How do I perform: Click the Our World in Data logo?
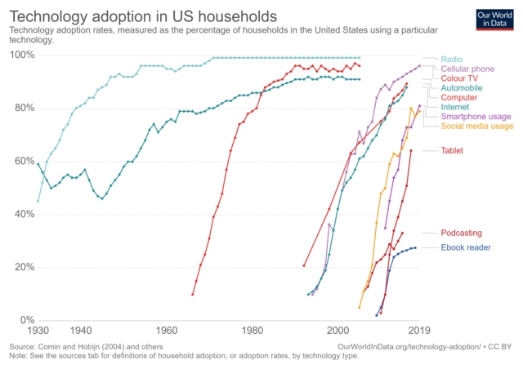coord(494,20)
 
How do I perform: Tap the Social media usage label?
coord(477,127)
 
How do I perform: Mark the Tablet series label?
coord(453,151)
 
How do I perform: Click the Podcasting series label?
coord(462,233)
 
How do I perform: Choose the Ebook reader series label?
coord(467,247)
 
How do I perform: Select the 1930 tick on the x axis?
coord(38,331)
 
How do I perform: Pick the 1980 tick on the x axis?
coord(252,331)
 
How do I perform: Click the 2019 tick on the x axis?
coord(418,331)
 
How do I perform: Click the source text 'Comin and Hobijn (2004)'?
coord(78,347)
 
